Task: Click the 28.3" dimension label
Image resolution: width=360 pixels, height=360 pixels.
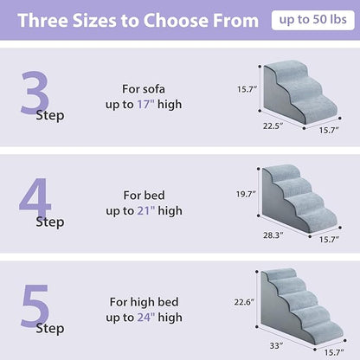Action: (272, 233)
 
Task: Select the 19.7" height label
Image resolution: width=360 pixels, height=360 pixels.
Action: (246, 195)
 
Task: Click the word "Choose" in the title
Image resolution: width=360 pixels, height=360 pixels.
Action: (175, 21)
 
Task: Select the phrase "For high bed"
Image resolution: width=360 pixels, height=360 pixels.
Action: (145, 302)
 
